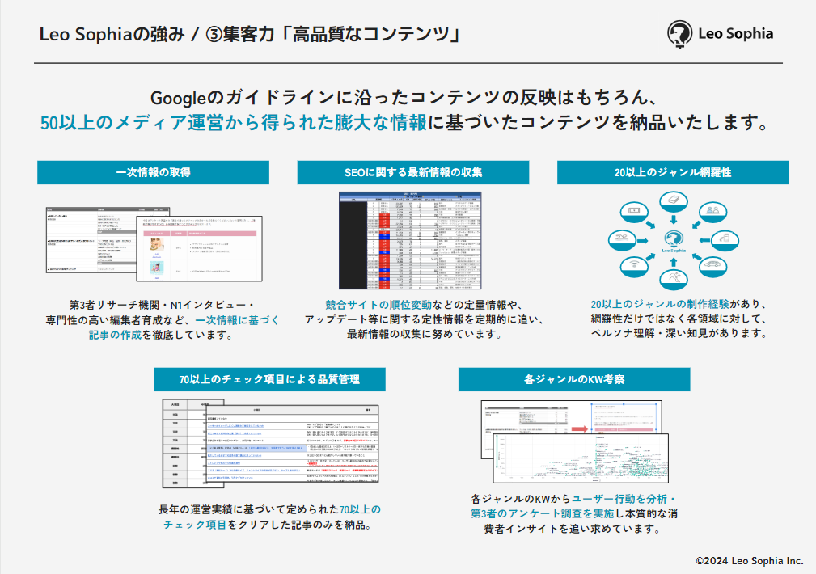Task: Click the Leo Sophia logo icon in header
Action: click(x=679, y=34)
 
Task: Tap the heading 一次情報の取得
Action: click(x=154, y=173)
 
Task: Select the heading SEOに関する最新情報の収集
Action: click(x=413, y=173)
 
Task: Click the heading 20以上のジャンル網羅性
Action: click(x=673, y=173)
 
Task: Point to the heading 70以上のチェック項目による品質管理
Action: click(x=269, y=378)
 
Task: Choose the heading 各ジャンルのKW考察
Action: click(x=573, y=378)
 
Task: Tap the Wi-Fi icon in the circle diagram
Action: click(x=633, y=266)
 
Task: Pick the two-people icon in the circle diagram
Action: click(x=712, y=212)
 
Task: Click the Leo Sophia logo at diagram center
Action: click(x=673, y=240)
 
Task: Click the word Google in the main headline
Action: click(x=179, y=98)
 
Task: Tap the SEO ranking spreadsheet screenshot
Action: click(x=410, y=240)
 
